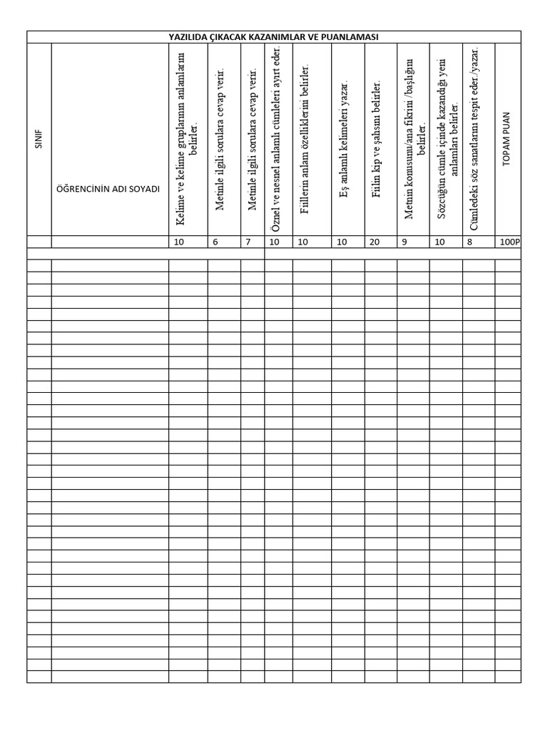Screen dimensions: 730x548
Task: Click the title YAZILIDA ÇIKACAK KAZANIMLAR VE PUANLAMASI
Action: (x=274, y=37)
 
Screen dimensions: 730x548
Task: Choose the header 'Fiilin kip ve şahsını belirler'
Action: (x=378, y=140)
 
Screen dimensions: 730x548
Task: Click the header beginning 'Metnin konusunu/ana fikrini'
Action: (x=414, y=140)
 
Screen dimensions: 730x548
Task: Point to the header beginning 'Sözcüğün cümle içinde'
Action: (x=446, y=140)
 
